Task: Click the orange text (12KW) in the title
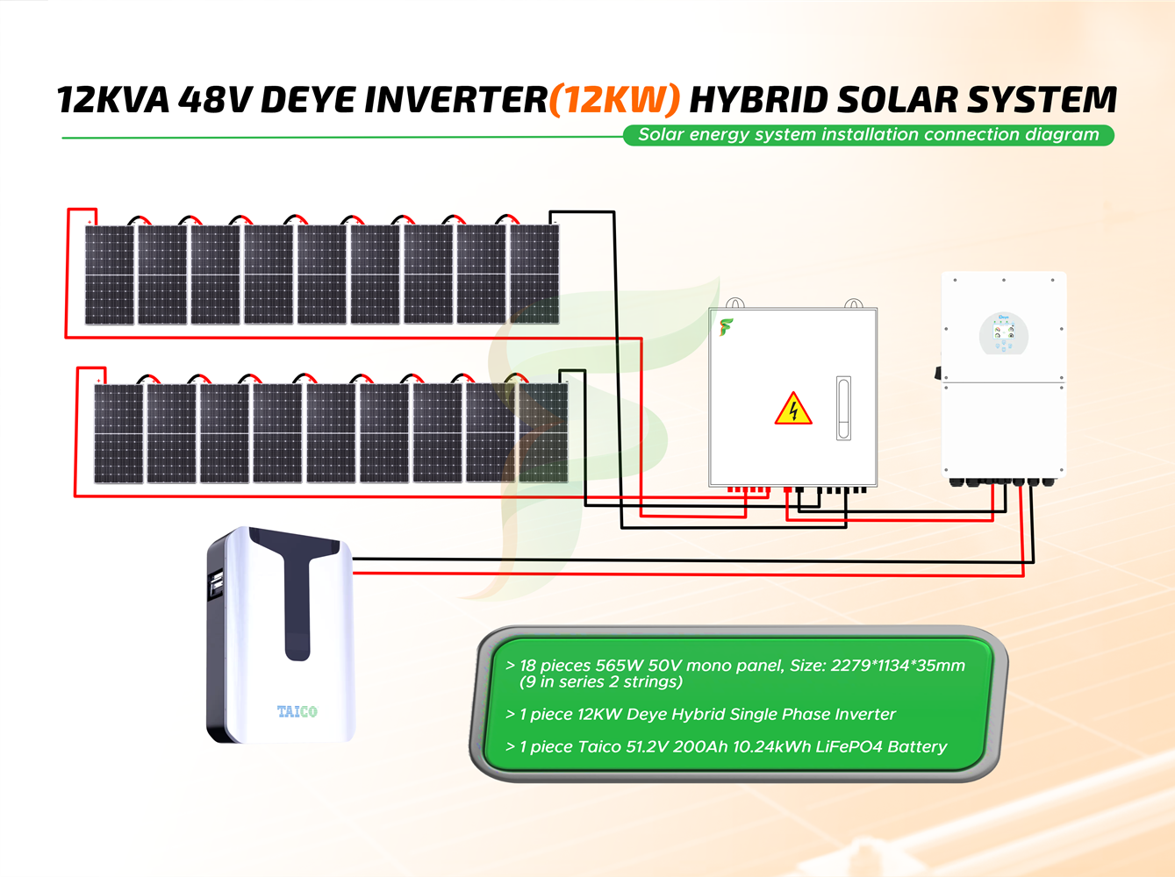(x=614, y=100)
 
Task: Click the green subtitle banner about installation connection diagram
(x=868, y=135)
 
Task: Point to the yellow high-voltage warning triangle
(x=793, y=410)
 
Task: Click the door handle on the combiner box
(x=843, y=408)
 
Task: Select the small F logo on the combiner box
(x=726, y=327)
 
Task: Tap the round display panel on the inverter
(x=1003, y=334)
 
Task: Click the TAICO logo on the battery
(x=297, y=711)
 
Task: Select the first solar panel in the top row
(x=110, y=275)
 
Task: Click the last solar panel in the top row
(x=534, y=275)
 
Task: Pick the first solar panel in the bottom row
(x=118, y=433)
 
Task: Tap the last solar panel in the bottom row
(x=543, y=433)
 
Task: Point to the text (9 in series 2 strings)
(x=601, y=682)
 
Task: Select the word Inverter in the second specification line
(x=864, y=715)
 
